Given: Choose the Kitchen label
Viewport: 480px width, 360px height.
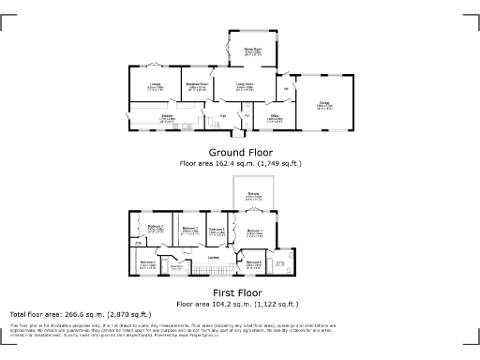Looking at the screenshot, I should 166,118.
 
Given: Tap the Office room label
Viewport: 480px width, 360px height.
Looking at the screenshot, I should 275,119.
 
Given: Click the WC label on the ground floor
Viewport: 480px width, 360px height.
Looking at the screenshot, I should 246,116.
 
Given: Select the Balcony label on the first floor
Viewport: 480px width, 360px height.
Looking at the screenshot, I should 253,196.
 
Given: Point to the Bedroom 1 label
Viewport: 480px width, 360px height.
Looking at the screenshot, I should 253,231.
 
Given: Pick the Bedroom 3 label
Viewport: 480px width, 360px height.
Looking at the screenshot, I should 190,229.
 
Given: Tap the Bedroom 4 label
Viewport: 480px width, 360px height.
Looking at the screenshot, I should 147,265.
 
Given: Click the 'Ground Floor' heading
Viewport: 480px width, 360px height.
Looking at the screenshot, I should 241,152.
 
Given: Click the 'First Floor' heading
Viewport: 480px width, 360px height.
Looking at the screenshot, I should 240,292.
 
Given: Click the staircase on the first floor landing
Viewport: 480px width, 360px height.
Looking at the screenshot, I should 199,271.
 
